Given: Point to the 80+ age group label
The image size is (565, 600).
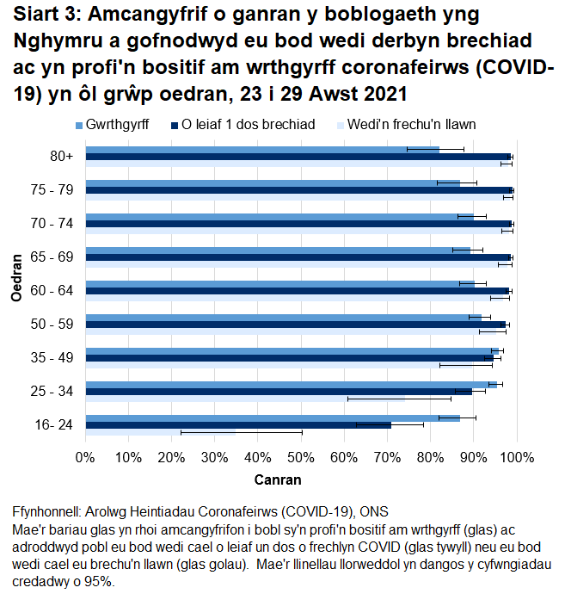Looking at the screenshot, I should point(61,156).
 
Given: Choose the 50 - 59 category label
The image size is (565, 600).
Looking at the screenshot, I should point(56,324).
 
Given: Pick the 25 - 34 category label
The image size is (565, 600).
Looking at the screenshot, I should point(56,391).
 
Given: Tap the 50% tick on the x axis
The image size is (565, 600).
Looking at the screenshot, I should point(301,456).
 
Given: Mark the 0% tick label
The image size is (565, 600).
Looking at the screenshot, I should point(85,456).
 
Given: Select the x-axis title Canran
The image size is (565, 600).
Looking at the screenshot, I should point(279,479).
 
